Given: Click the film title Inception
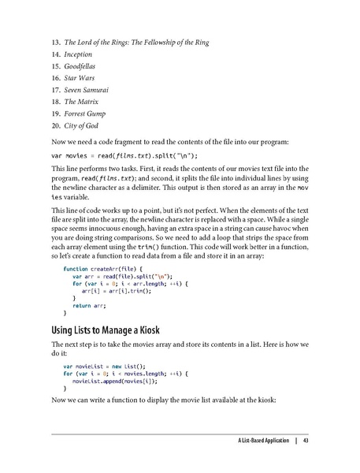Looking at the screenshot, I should click(78, 54).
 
